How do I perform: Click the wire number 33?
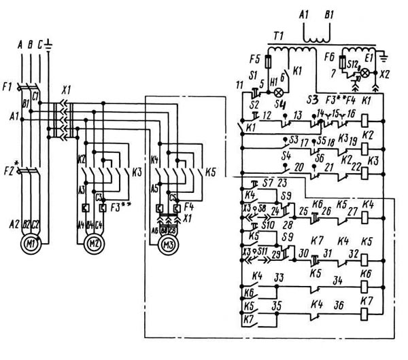279,277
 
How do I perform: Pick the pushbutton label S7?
267,182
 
